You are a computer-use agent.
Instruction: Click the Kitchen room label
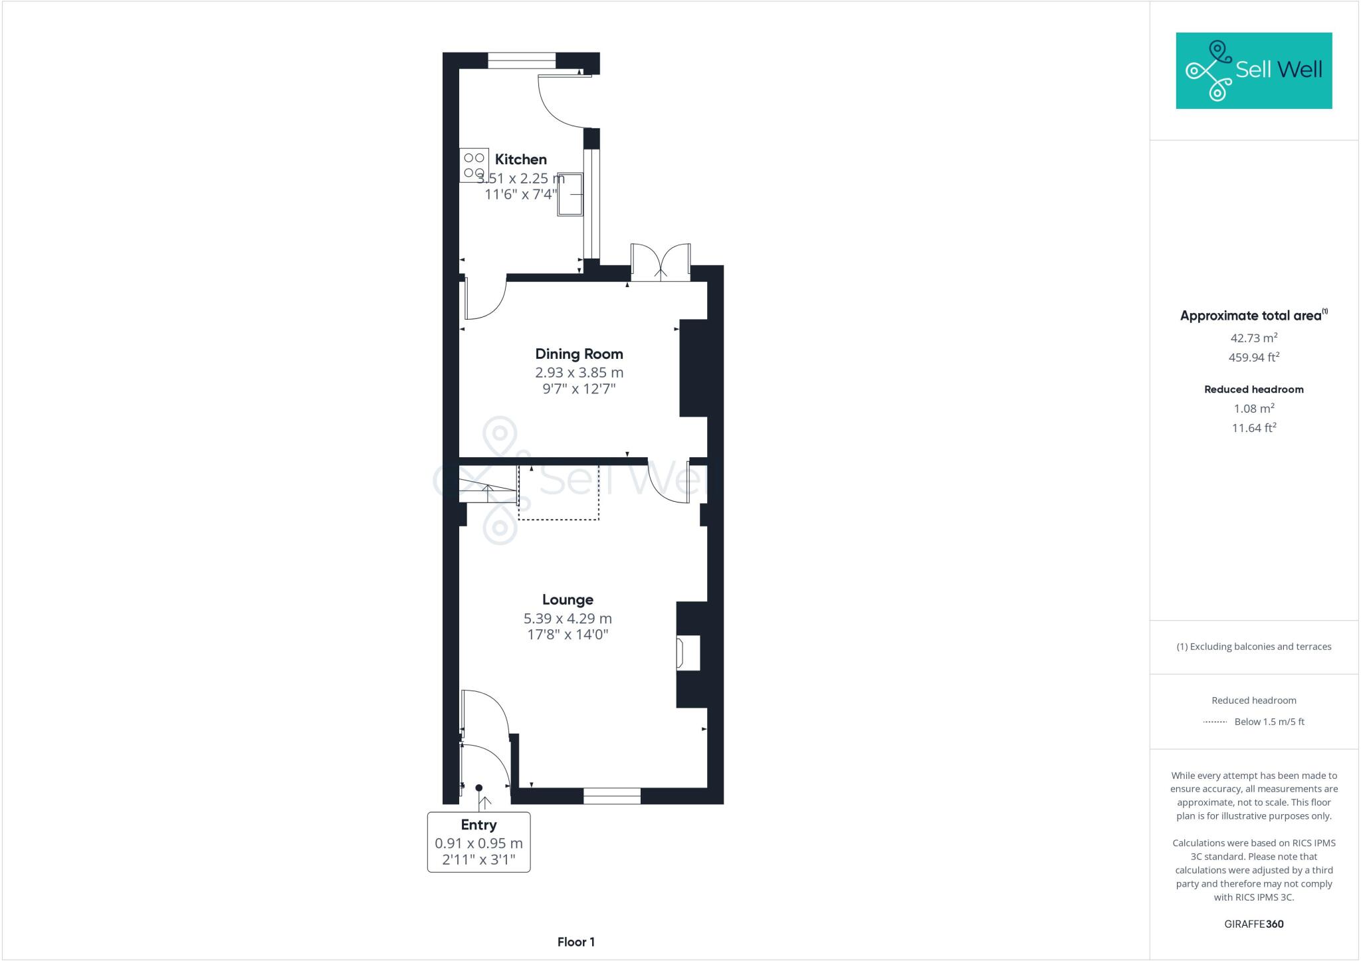(520, 160)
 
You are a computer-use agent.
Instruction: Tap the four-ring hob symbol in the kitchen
(474, 165)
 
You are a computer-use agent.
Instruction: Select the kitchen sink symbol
(570, 194)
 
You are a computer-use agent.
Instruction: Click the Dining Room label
(579, 354)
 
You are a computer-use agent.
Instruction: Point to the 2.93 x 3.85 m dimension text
(579, 372)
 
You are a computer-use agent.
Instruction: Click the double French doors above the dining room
(660, 263)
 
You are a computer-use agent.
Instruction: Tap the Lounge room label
(568, 599)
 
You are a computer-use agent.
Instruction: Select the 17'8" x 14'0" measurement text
(568, 635)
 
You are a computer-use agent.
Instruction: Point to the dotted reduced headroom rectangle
(558, 492)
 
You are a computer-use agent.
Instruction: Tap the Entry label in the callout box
(478, 825)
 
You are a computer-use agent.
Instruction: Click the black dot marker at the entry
(478, 788)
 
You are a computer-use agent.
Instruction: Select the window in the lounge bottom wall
(611, 796)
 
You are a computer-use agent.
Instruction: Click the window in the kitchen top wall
(521, 60)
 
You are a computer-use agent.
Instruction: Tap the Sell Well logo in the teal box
(1253, 70)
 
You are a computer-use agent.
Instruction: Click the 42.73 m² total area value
(1253, 338)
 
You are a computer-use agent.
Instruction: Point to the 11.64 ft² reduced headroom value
(1253, 428)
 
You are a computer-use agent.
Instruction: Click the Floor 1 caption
(576, 942)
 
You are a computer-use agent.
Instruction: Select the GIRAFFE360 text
(1253, 924)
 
